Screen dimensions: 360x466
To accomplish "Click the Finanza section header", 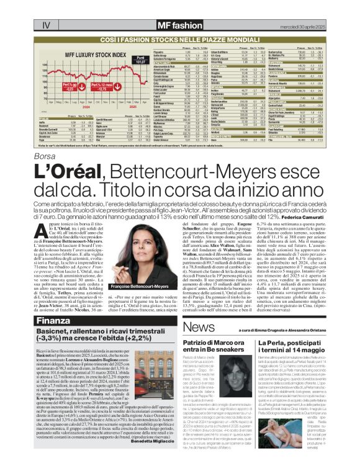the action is click(x=53, y=321).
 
